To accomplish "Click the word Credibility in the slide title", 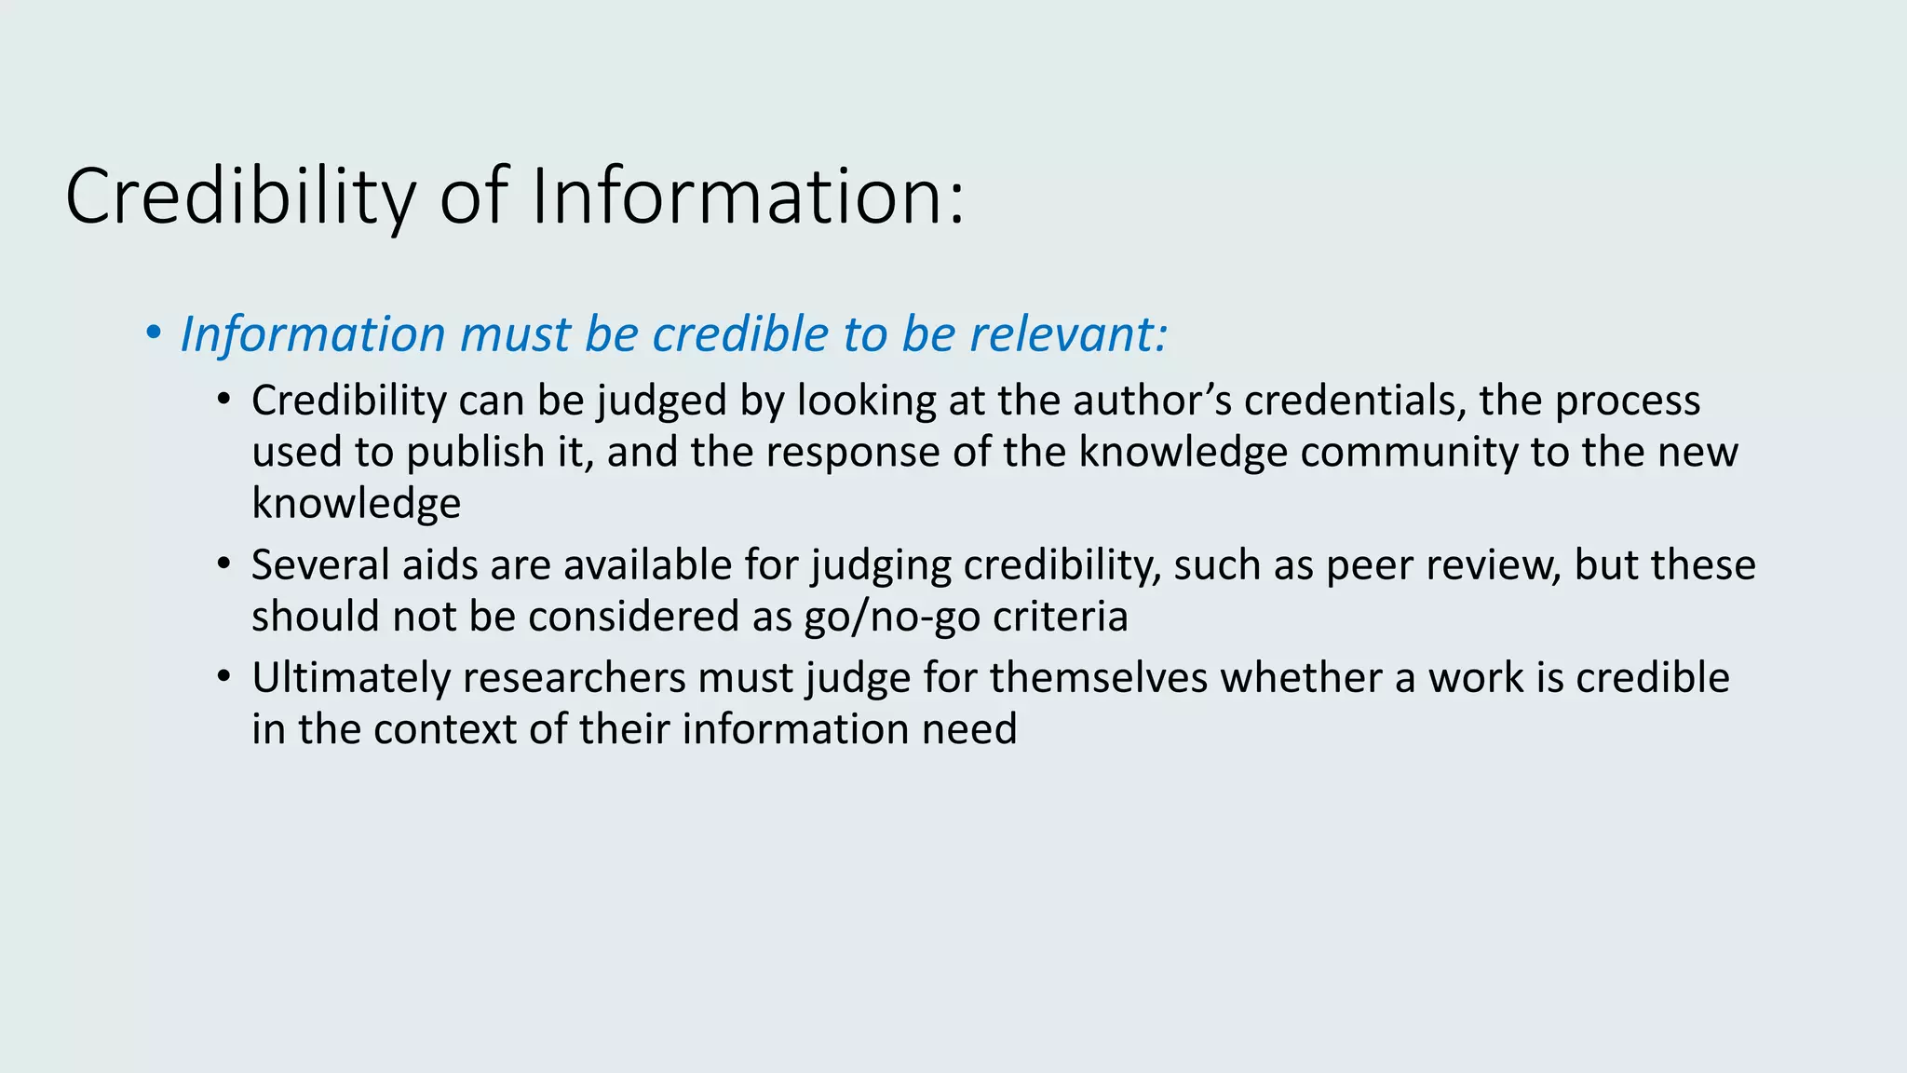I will [x=240, y=197].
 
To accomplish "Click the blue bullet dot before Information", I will [x=154, y=333].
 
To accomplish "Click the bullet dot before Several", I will [x=223, y=564].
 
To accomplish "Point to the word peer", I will [x=1365, y=565].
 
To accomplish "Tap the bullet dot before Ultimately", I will [x=223, y=677].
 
